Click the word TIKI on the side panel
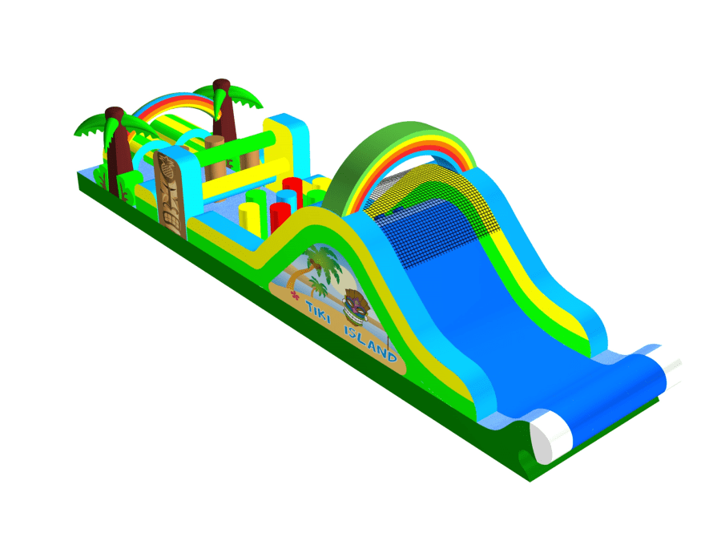318,310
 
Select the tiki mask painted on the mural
356,306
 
